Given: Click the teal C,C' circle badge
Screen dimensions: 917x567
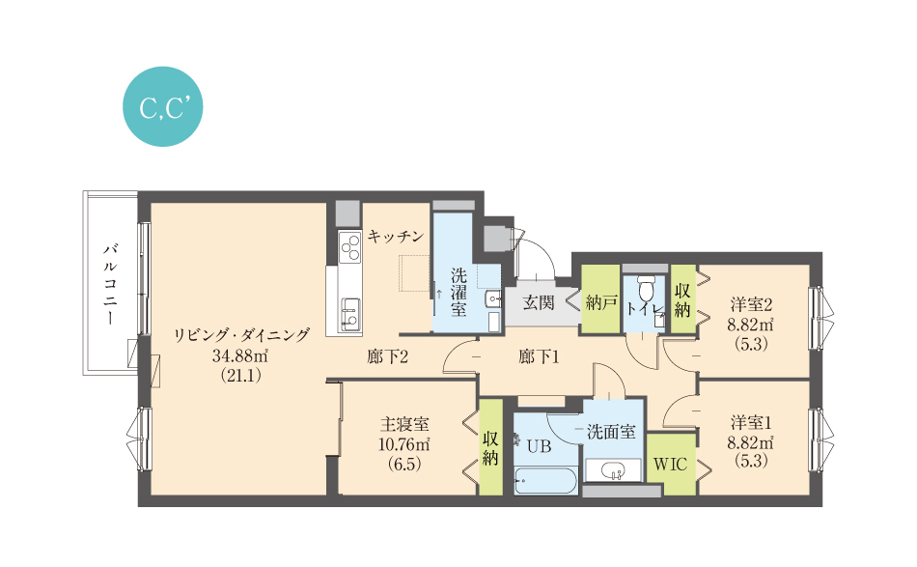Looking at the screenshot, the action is (x=162, y=106).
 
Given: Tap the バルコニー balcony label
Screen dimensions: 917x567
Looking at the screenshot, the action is (x=110, y=284).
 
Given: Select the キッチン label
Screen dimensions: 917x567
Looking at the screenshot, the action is (x=396, y=237).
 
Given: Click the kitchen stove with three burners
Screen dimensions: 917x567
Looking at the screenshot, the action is (x=349, y=247).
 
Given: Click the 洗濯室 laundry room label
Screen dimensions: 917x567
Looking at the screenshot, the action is (x=458, y=293).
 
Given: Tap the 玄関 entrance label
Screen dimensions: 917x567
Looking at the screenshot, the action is (x=538, y=302).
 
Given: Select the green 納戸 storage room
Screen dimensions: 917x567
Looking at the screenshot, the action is (x=600, y=299).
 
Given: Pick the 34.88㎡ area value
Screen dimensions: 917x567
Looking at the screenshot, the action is (x=240, y=355).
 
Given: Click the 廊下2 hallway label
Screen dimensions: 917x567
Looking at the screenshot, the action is (x=387, y=356).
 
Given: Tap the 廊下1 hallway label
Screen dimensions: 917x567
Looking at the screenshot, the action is (x=539, y=356).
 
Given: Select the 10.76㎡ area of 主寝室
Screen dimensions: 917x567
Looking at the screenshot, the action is (x=404, y=444).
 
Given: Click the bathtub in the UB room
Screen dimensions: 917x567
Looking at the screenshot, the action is (x=545, y=481).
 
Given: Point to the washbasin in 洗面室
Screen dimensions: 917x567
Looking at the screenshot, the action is (x=613, y=470).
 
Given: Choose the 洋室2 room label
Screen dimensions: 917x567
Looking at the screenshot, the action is (x=751, y=304).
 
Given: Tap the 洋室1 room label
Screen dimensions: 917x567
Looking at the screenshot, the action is (x=751, y=422).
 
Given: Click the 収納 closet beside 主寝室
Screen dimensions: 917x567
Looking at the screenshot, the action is (x=490, y=447).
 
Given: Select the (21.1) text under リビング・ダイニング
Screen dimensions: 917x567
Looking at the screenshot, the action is (x=240, y=375).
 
